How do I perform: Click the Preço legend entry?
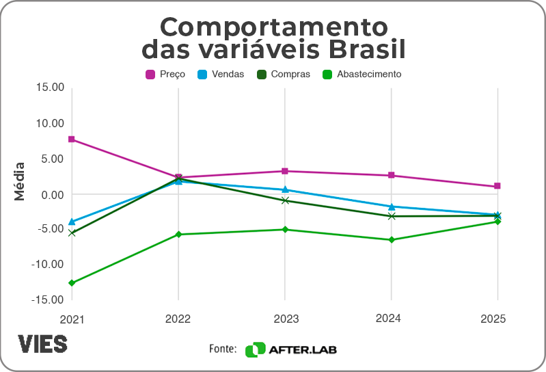[x=161, y=74]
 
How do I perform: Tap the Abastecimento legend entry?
[x=361, y=74]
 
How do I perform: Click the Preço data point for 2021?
[x=72, y=139]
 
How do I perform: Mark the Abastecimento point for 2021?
[x=72, y=282]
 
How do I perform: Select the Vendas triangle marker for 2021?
[x=72, y=222]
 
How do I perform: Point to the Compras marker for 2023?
[x=285, y=200]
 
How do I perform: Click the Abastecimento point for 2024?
[x=391, y=239]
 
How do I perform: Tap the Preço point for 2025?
[x=497, y=186]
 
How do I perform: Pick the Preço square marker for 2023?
[x=285, y=171]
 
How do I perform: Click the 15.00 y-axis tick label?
[x=50, y=88]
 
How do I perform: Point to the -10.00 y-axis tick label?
[x=49, y=264]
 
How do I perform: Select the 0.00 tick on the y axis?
[x=53, y=194]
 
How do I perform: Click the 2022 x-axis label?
[x=178, y=319]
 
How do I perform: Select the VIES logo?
[x=42, y=344]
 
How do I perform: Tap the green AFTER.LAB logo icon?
[x=255, y=349]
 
